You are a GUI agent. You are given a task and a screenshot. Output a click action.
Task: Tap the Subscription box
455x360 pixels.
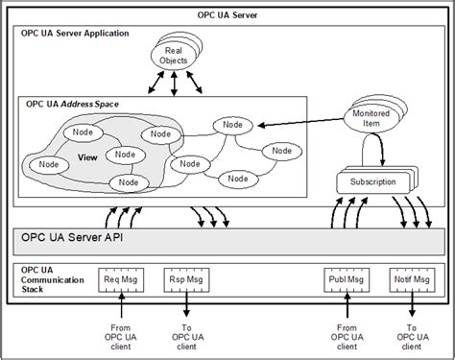(368, 181)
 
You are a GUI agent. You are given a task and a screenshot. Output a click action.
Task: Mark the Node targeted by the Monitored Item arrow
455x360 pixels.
(232, 125)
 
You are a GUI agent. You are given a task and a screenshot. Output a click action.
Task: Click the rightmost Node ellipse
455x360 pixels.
(280, 151)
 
